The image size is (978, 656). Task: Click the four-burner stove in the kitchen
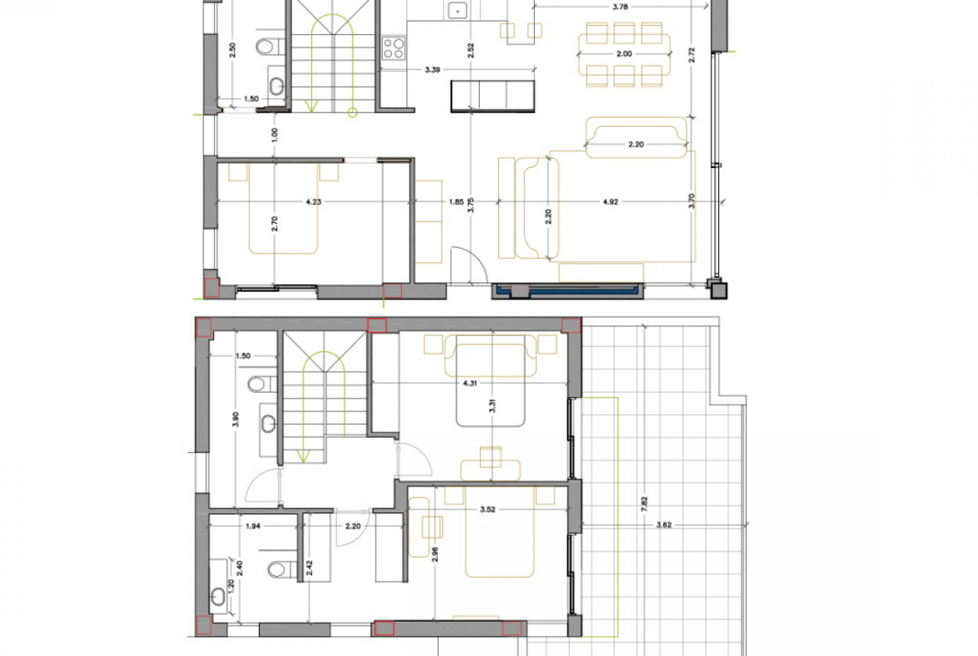(394, 48)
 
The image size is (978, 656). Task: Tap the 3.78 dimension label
(620, 8)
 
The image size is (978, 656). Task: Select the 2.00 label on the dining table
(624, 54)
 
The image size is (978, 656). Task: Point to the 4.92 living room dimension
(611, 202)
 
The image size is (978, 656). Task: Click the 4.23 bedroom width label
(313, 202)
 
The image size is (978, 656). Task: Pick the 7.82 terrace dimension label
(644, 504)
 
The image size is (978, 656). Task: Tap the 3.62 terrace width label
(664, 525)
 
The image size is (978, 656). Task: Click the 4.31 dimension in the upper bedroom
(470, 384)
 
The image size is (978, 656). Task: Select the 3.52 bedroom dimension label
(488, 510)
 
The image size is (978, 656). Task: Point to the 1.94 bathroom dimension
(252, 526)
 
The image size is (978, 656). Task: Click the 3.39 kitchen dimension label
(432, 70)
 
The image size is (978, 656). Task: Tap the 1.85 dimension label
(456, 202)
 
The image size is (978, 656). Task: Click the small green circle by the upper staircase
(353, 113)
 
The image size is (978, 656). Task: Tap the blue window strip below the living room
(568, 290)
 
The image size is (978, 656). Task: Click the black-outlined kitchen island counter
(492, 96)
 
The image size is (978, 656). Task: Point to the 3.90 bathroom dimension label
(235, 420)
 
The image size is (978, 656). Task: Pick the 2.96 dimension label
(435, 554)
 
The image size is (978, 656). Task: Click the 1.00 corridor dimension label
(274, 134)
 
